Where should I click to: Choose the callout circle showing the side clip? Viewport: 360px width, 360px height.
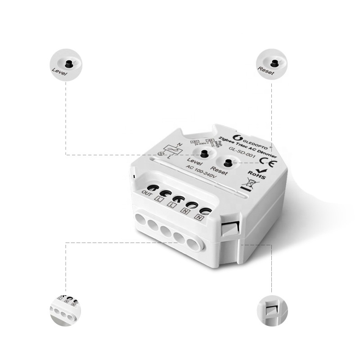272,310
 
